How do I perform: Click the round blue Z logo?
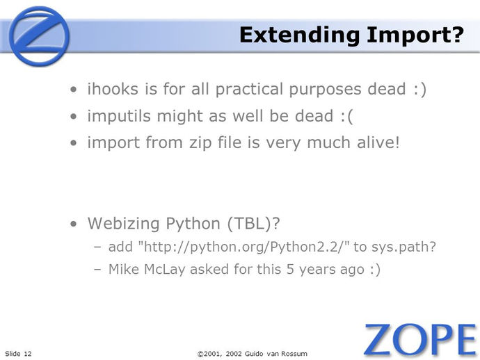coord(39,36)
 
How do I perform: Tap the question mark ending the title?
coord(458,34)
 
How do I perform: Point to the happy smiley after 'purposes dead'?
coord(419,90)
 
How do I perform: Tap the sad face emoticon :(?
coord(346,116)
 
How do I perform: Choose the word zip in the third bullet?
coord(200,143)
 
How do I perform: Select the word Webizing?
coord(124,224)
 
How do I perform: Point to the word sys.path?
coord(403,247)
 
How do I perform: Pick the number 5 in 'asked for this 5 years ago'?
coord(291,270)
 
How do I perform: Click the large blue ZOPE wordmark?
coord(420,339)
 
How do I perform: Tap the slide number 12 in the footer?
coord(28,354)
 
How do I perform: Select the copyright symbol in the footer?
coord(200,354)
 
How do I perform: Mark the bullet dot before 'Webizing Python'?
coord(74,224)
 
